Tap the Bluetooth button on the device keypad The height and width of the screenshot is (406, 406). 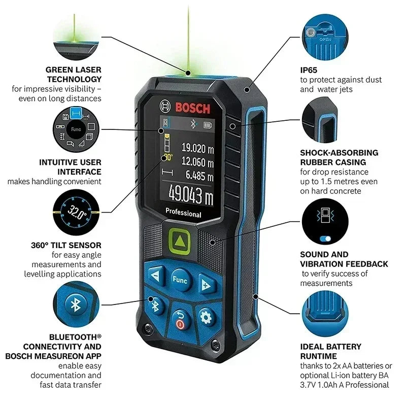click(156, 305)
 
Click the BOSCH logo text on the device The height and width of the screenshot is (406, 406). click(192, 108)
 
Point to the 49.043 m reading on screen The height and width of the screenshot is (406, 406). click(191, 194)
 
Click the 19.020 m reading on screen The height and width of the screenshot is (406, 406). click(197, 149)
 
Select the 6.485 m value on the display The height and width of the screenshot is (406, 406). click(199, 175)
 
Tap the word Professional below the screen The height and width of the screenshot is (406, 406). click(183, 214)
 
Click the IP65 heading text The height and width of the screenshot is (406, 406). click(308, 70)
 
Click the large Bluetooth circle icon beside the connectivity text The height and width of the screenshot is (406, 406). click(75, 304)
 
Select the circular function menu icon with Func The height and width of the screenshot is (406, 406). click(76, 129)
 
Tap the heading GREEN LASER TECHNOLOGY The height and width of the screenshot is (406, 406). click(74, 74)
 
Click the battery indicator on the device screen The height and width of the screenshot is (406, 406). click(208, 124)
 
